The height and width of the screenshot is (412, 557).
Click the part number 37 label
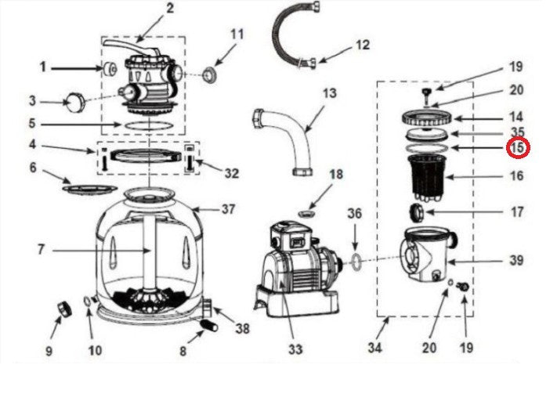tap(228, 209)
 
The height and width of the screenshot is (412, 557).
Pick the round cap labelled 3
tap(75, 103)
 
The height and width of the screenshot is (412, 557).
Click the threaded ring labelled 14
tap(427, 117)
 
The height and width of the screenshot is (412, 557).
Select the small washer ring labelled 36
tap(356, 261)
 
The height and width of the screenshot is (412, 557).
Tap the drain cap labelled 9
tap(64, 309)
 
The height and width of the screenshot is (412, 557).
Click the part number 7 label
tap(42, 250)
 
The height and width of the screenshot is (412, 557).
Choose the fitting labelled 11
tap(210, 75)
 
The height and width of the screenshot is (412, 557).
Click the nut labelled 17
tap(416, 212)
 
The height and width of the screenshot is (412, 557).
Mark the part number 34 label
tap(374, 348)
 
